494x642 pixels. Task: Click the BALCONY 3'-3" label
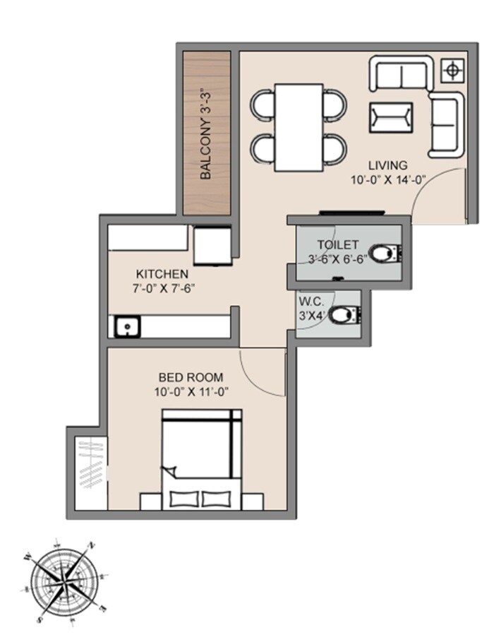[x=206, y=133]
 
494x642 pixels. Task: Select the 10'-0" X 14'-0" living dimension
[x=387, y=180]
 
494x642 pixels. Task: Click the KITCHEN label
[x=162, y=274]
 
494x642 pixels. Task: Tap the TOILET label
[x=333, y=244]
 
